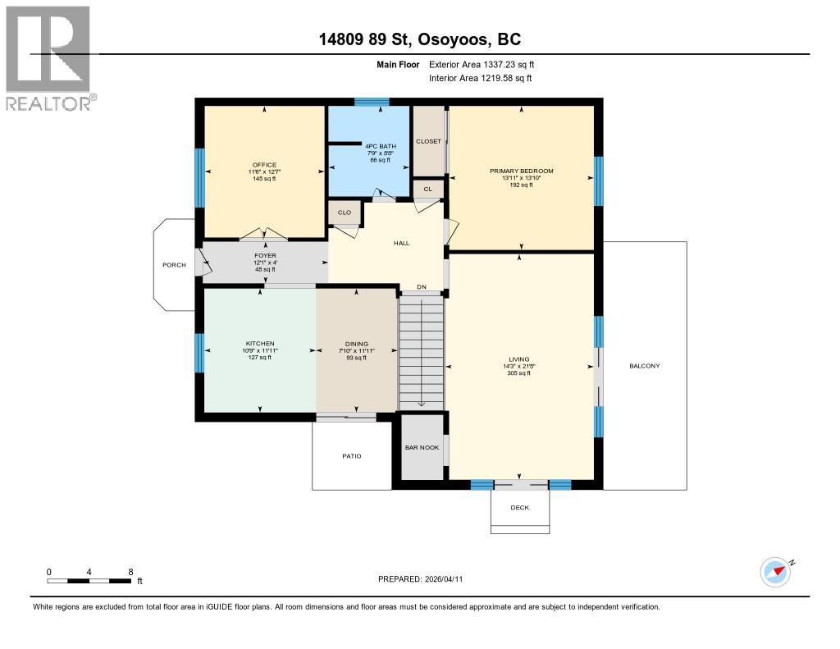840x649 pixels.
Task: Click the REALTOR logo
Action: point(50,57)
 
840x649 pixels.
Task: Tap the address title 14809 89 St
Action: point(419,39)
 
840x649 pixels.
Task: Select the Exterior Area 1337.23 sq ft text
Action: point(482,64)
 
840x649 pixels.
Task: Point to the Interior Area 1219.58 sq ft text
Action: point(481,78)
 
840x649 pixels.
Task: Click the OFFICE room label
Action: point(264,165)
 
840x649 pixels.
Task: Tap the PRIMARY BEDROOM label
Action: point(522,171)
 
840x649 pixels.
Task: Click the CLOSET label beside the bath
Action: point(428,141)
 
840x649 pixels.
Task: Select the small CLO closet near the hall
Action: point(345,213)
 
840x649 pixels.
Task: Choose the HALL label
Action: point(401,243)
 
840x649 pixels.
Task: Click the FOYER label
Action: point(264,256)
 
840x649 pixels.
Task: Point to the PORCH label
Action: point(174,264)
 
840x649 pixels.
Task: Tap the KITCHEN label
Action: point(260,344)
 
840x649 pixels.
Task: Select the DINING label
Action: point(357,344)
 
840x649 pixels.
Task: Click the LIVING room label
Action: point(519,359)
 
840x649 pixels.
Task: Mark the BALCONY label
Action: point(645,366)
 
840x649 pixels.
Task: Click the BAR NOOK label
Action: point(422,447)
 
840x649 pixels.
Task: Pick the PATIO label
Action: point(351,456)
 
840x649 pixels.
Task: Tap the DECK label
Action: point(520,507)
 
